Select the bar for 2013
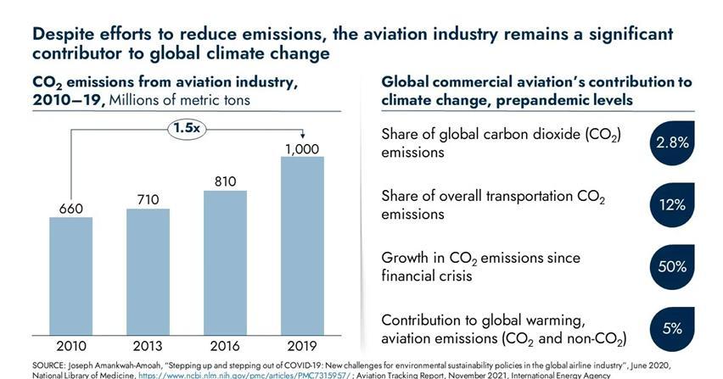(x=148, y=271)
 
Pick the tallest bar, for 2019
(x=302, y=245)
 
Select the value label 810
(x=225, y=181)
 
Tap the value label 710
(x=148, y=198)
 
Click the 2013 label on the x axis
(x=148, y=346)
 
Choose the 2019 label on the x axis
(x=302, y=346)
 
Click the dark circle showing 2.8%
(x=672, y=143)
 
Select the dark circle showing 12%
(x=672, y=205)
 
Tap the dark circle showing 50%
(x=672, y=266)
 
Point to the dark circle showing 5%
(x=672, y=328)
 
